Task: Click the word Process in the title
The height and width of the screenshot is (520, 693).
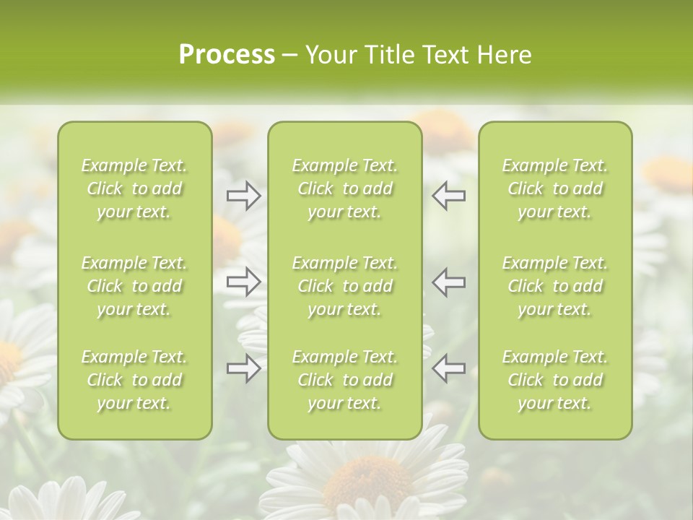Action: [x=227, y=55]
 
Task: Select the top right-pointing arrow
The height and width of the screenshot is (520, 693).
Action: [x=244, y=196]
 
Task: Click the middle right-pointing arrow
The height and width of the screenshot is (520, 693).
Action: [x=244, y=282]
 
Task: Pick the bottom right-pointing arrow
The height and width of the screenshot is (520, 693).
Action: [x=244, y=368]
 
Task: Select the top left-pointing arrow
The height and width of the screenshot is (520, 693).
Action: [x=449, y=196]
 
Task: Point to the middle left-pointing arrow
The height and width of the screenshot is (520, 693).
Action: [x=449, y=282]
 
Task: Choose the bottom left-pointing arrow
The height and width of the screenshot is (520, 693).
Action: [x=449, y=368]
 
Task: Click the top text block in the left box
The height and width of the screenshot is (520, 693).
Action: [x=134, y=188]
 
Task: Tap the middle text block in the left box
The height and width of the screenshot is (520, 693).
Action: [x=134, y=286]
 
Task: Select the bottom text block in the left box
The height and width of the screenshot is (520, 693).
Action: [x=134, y=380]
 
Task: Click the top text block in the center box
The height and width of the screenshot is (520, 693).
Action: [x=344, y=188]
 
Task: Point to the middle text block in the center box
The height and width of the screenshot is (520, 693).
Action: [x=344, y=286]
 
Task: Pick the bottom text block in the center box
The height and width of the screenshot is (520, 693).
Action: [x=344, y=380]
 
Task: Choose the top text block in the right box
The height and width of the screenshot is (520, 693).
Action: [x=554, y=188]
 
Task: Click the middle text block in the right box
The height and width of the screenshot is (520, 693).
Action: [x=554, y=286]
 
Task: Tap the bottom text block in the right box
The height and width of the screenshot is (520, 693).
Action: [x=554, y=380]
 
